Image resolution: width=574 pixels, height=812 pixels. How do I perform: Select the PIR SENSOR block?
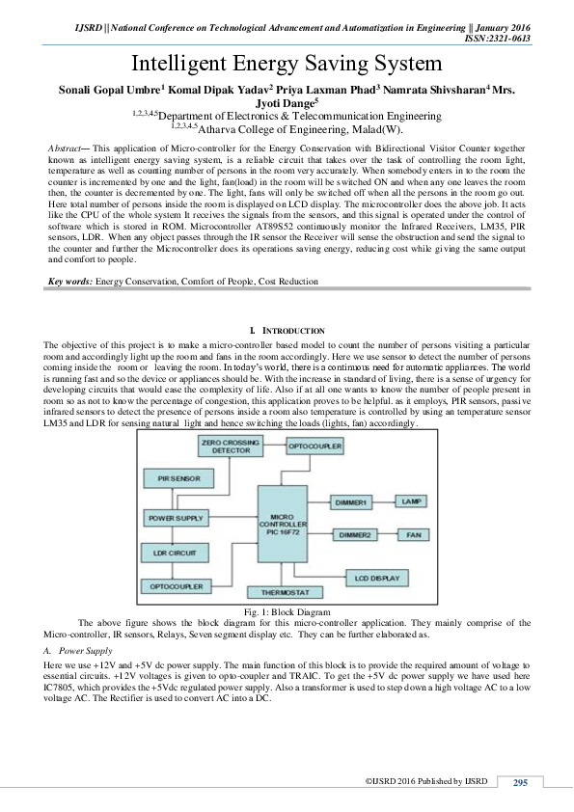(174, 477)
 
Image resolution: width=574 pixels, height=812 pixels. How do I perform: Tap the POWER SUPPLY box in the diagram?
(175, 519)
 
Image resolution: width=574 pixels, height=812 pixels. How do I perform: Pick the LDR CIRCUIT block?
(174, 553)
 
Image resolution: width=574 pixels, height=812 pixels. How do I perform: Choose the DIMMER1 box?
(352, 501)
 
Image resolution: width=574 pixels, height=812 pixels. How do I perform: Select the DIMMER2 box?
(352, 533)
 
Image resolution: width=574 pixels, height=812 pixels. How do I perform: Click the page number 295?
(520, 782)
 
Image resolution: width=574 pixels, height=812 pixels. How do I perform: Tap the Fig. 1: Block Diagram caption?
(287, 611)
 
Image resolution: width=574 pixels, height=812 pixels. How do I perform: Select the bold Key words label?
(70, 281)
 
